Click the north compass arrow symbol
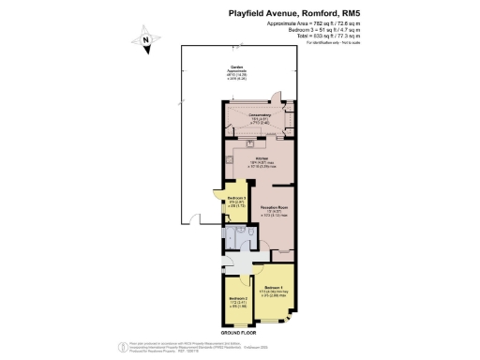(146, 41)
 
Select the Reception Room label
(273, 207)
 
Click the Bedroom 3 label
(236, 199)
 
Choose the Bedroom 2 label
(236, 299)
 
